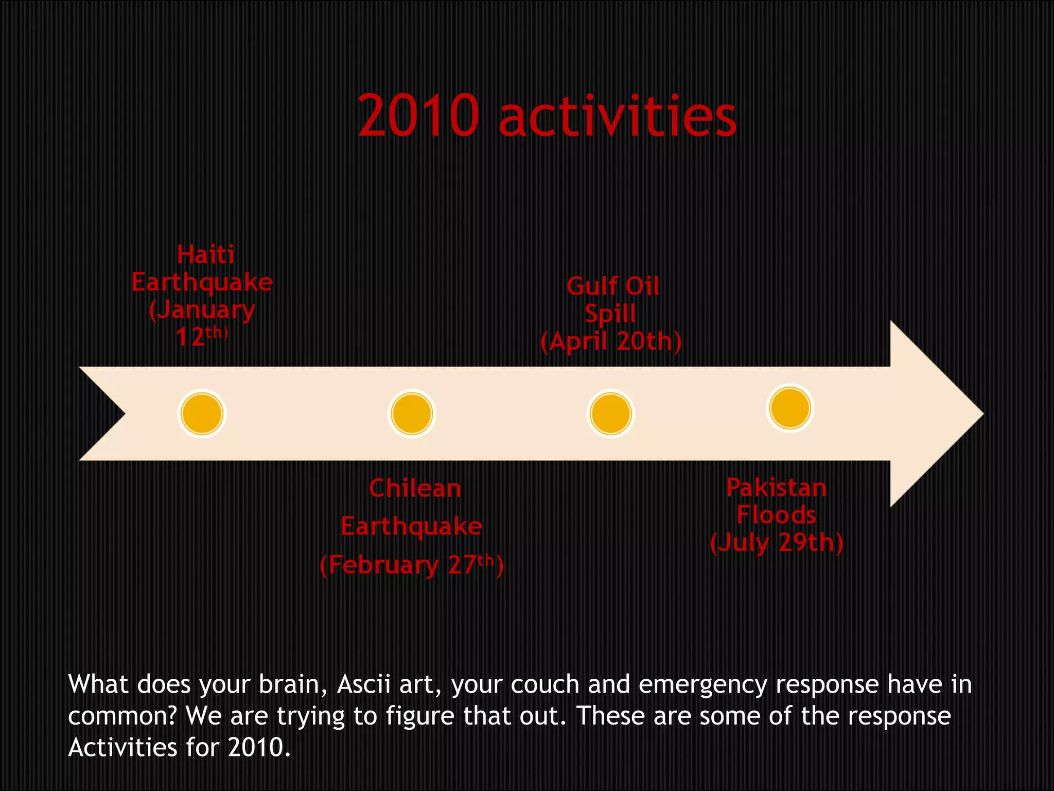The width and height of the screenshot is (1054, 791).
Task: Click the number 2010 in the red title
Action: pyautogui.click(x=418, y=116)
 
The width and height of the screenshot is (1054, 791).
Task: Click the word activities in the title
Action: pyautogui.click(x=618, y=116)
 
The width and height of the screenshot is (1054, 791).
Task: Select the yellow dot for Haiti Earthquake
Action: pyautogui.click(x=202, y=414)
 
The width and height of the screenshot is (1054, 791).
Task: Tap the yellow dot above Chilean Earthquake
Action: pyautogui.click(x=412, y=414)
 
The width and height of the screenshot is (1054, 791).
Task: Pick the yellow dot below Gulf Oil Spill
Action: pyautogui.click(x=610, y=414)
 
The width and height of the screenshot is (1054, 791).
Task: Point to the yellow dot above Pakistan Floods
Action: pyautogui.click(x=790, y=408)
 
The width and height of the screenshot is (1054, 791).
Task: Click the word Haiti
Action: pyautogui.click(x=206, y=254)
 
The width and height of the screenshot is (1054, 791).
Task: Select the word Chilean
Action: pyautogui.click(x=415, y=488)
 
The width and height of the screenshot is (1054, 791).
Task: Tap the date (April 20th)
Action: pyautogui.click(x=611, y=341)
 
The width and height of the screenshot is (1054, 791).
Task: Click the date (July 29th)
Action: pyautogui.click(x=777, y=542)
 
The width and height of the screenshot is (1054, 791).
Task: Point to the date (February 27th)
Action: pyautogui.click(x=412, y=565)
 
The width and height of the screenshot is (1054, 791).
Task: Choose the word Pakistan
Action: pyautogui.click(x=776, y=487)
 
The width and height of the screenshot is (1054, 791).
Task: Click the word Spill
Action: pyautogui.click(x=610, y=314)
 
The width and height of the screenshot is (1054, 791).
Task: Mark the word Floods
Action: pyautogui.click(x=776, y=515)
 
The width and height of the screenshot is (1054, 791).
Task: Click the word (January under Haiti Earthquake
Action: pyautogui.click(x=202, y=310)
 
